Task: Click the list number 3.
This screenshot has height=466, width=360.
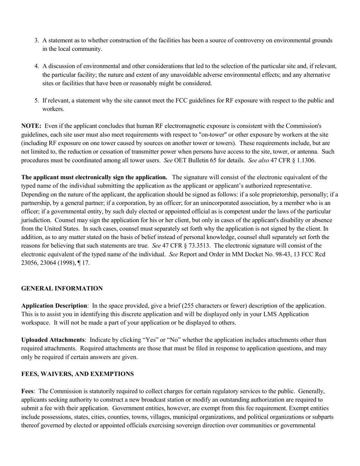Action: pyautogui.click(x=37, y=41)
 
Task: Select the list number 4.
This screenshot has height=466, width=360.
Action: pyautogui.click(x=37, y=66)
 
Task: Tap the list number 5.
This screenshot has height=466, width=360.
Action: pyautogui.click(x=37, y=101)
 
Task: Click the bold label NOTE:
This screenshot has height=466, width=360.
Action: pyautogui.click(x=31, y=126)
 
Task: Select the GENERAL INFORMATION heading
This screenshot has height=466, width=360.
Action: pyautogui.click(x=62, y=289)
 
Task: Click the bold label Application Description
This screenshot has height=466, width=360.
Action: pyautogui.click(x=54, y=306)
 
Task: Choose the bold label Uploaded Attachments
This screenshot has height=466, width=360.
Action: pyautogui.click(x=53, y=340)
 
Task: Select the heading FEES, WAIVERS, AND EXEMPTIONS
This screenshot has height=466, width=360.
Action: pyautogui.click(x=77, y=374)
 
